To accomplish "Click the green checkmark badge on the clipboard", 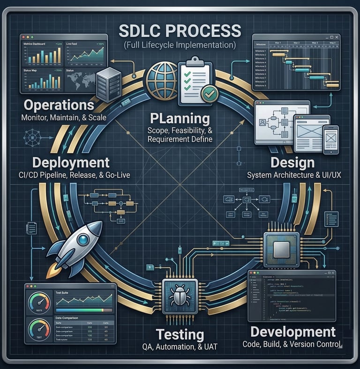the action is pyautogui.click(x=209, y=93).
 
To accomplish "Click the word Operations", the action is pyautogui.click(x=59, y=104).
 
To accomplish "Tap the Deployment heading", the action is pyautogui.click(x=71, y=162).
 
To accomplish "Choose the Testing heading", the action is pyautogui.click(x=180, y=334).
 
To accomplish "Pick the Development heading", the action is pyautogui.click(x=293, y=332).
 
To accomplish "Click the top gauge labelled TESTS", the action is pyautogui.click(x=39, y=302).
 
